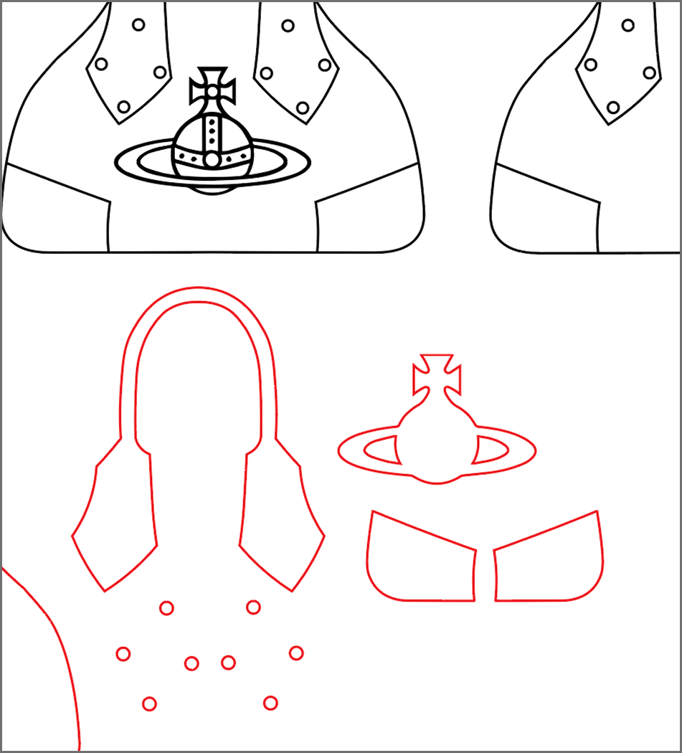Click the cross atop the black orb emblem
pos(212,87)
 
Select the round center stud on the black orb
pos(212,159)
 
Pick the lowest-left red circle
pos(149,704)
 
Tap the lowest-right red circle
pos(270,703)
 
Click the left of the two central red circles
pos(191,663)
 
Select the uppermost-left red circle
pos(166,608)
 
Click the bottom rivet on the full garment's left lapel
pos(123,108)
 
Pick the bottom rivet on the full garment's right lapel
pos(303,108)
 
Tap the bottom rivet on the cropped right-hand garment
pos(613,108)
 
